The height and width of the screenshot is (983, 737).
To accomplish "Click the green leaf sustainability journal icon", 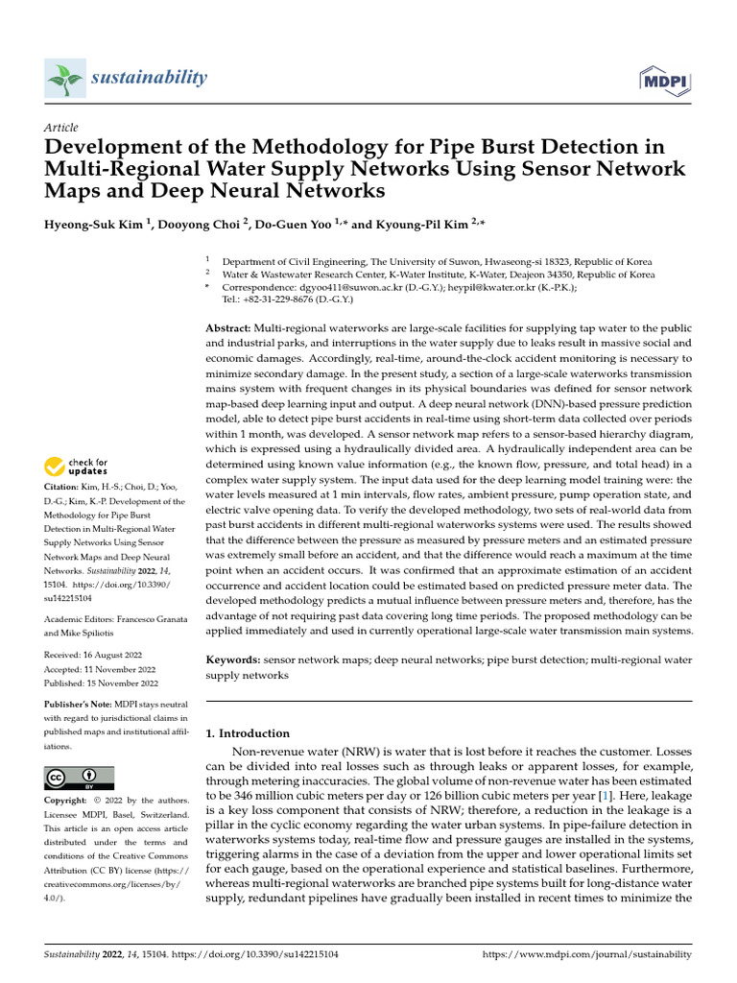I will [x=65, y=79].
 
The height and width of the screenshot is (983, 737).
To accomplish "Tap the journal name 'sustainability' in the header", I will [x=150, y=77].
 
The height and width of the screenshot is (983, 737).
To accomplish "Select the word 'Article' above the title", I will [x=61, y=128].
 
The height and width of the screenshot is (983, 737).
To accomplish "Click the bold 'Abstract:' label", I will [x=228, y=328].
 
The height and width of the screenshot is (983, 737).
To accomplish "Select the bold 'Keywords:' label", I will [x=233, y=660].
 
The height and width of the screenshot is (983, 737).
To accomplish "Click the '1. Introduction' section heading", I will [x=248, y=733].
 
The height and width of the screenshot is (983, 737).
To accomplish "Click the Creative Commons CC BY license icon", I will [x=80, y=778].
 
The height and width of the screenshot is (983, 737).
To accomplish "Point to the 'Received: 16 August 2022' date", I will [x=101, y=656].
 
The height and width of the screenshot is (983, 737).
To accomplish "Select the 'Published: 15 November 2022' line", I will [x=102, y=683].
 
